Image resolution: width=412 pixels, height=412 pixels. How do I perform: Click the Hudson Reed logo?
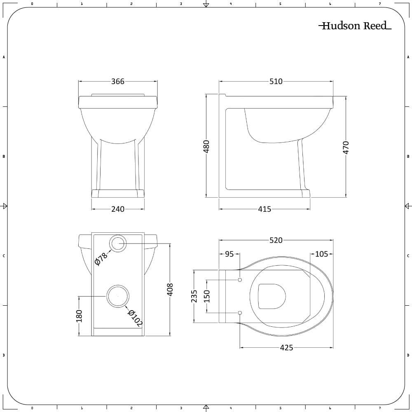(x=355, y=26)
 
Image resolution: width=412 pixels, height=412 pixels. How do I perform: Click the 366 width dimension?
(x=118, y=82)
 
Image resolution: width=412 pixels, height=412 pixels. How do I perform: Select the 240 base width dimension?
(x=118, y=209)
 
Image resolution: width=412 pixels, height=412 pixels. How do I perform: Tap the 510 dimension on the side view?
(x=276, y=82)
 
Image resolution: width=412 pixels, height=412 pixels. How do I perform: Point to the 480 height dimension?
(x=206, y=146)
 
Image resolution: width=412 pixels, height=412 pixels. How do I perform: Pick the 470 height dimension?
(x=346, y=147)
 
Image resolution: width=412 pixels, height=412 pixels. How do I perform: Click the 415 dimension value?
(x=265, y=209)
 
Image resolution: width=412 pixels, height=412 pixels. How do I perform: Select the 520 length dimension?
(x=276, y=240)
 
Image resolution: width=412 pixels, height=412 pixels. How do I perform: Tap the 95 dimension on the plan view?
(x=229, y=254)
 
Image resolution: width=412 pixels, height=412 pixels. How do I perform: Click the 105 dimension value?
(x=322, y=254)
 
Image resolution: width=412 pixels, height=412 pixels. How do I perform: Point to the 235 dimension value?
(x=194, y=296)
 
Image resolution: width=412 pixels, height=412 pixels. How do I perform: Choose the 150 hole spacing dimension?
(x=207, y=296)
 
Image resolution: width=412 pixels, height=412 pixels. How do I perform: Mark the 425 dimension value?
(x=286, y=348)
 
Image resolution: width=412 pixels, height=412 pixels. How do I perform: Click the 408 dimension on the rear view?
(x=170, y=289)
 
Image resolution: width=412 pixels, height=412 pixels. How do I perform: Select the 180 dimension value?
(x=79, y=316)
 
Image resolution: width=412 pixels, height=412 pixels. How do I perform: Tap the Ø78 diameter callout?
(x=101, y=259)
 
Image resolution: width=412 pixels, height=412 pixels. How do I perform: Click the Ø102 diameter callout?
(x=135, y=318)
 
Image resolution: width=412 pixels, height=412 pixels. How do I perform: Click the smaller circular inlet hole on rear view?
(x=118, y=243)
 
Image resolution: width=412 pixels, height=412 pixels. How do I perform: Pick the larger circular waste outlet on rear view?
(x=118, y=296)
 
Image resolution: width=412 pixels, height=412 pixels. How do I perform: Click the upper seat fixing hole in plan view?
(x=240, y=280)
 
